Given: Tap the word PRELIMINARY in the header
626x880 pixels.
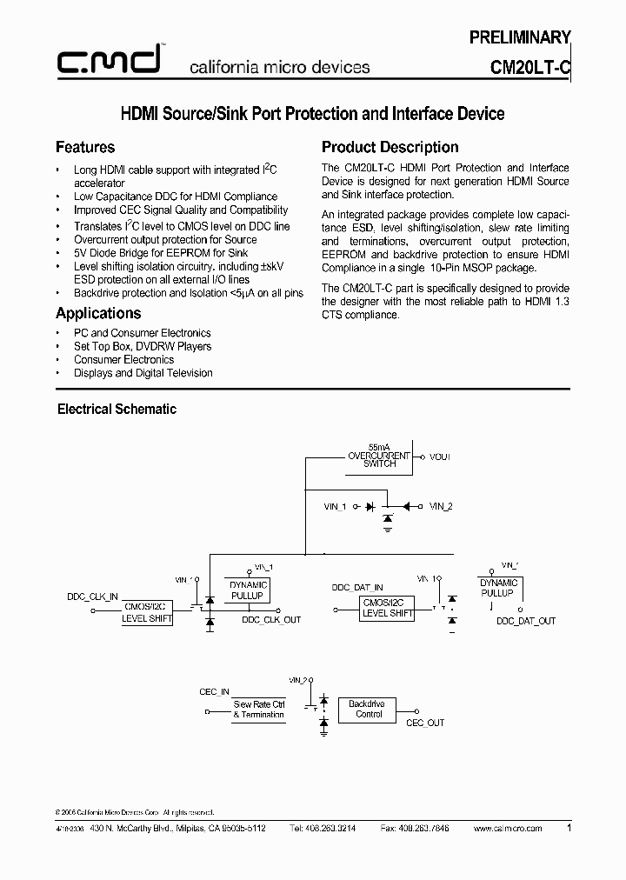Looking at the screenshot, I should click(520, 37).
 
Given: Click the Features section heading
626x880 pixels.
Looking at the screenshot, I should click(85, 147).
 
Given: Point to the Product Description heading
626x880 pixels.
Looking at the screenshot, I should click(390, 147).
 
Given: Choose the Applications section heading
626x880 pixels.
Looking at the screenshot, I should click(98, 313).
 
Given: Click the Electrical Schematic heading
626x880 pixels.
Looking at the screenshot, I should click(117, 409).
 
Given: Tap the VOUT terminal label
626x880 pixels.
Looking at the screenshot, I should click(440, 457).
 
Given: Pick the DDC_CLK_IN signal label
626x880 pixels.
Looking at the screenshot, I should click(92, 598).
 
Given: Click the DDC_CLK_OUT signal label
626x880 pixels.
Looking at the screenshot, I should click(271, 620).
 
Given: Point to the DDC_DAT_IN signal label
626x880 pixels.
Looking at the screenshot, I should click(357, 588).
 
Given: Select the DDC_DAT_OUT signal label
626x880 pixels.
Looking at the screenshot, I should click(525, 621).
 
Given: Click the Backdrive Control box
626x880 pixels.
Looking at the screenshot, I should click(369, 709).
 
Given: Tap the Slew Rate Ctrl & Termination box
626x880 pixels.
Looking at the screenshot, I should click(258, 710).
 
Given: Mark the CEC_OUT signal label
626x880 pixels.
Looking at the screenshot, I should click(425, 723).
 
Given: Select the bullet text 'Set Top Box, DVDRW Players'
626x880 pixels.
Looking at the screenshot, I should click(143, 346).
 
